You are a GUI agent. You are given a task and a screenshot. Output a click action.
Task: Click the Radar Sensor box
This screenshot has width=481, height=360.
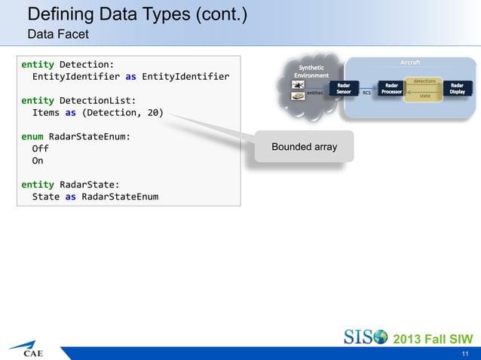pyautogui.click(x=344, y=89)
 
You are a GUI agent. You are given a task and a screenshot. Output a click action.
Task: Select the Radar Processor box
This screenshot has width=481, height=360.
pyautogui.click(x=391, y=89)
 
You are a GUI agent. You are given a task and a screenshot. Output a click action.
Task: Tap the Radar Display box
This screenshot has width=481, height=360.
pyautogui.click(x=457, y=89)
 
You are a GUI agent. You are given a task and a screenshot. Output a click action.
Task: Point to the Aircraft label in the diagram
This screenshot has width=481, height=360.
pyautogui.click(x=410, y=62)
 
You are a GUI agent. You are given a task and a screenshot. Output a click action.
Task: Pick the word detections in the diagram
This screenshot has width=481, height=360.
pyautogui.click(x=424, y=80)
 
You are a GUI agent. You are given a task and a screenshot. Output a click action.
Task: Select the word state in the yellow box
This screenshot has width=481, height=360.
pyautogui.click(x=425, y=96)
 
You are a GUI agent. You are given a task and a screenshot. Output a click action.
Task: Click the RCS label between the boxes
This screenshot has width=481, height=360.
pyautogui.click(x=366, y=93)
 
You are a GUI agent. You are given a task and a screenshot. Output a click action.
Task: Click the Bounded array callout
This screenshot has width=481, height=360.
pyautogui.click(x=304, y=146)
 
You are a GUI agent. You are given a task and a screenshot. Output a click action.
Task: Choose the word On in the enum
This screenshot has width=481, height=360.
pyautogui.click(x=37, y=161)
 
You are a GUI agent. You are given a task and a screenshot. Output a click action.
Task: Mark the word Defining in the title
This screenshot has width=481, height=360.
pyautogui.click(x=58, y=14)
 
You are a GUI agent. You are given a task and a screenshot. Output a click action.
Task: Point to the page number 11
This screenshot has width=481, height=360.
pyautogui.click(x=465, y=352)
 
